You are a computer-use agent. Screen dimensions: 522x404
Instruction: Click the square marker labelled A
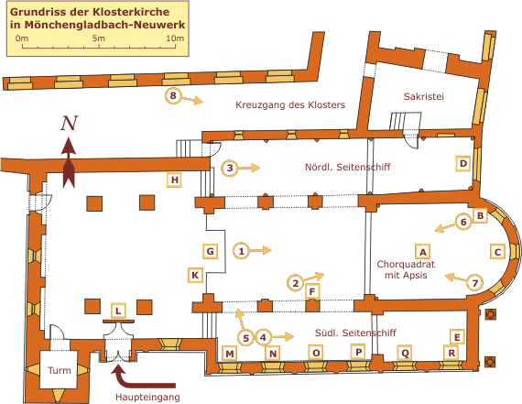[423, 251]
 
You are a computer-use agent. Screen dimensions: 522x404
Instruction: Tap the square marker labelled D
[463, 164]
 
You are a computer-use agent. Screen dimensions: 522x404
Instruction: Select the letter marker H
[174, 180]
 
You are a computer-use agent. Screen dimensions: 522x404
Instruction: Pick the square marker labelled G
[211, 251]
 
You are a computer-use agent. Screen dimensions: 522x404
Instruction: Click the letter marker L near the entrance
[118, 311]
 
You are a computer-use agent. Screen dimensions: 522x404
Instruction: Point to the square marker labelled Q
[405, 353]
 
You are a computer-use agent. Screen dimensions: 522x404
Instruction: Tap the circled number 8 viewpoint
[173, 96]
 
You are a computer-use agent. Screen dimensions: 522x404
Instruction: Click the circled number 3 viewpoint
[230, 168]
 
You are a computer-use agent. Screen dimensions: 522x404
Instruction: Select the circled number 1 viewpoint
[242, 251]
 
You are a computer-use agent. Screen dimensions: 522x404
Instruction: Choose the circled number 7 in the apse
[475, 283]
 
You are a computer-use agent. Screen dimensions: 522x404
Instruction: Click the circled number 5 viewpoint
[245, 338]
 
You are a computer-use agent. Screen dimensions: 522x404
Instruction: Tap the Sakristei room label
[423, 96]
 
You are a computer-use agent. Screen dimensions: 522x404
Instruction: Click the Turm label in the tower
[60, 370]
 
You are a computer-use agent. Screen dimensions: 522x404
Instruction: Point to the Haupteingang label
[147, 397]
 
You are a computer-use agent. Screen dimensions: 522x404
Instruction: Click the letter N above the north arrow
[69, 123]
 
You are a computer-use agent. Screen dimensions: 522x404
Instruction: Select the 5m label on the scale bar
[99, 38]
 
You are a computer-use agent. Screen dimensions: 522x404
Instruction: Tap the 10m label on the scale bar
[175, 38]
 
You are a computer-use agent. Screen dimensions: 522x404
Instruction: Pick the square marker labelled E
[457, 337]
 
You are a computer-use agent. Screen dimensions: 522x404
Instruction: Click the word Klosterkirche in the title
[131, 12]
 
